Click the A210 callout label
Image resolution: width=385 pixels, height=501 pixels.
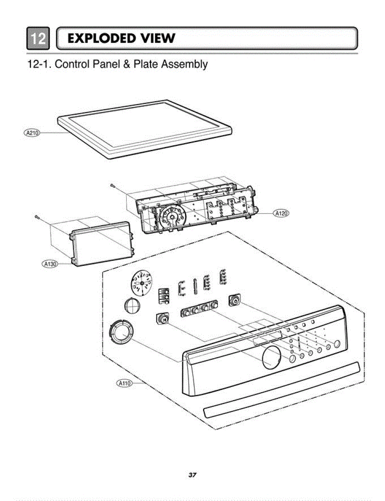click(31, 133)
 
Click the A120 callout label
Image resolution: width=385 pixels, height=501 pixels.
click(281, 213)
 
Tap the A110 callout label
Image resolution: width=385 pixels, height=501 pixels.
click(124, 382)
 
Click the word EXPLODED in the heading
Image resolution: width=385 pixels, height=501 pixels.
click(101, 38)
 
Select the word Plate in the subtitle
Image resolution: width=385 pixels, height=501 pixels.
click(146, 64)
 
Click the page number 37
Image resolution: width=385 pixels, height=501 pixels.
click(192, 475)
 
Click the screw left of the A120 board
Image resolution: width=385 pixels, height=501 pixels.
click(113, 185)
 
